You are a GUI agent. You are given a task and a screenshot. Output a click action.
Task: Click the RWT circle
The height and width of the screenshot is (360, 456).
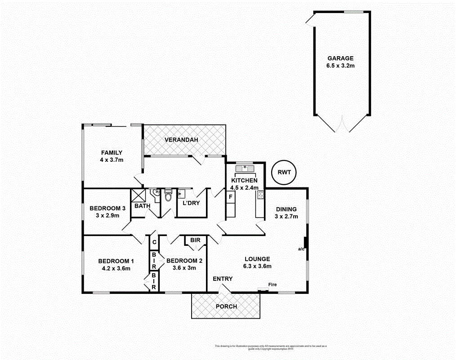coord(284,172)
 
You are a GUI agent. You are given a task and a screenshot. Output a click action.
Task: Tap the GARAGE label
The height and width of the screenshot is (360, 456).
coord(340,58)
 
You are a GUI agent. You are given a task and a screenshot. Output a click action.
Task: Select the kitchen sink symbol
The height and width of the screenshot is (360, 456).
coord(245,169)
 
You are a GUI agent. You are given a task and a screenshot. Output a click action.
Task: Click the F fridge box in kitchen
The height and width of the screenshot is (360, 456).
coord(230,196)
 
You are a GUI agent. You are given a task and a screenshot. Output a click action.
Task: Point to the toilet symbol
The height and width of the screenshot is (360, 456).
coord(168,196)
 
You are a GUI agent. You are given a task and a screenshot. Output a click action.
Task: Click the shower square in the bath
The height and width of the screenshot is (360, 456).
coord(137,196)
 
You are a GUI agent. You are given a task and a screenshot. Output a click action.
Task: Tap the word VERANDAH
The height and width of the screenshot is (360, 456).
coord(181,140)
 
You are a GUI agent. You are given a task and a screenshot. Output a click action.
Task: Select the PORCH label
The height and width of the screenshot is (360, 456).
coord(226,307)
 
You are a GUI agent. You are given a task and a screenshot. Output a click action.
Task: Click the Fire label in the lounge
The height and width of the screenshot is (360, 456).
coord(273,284)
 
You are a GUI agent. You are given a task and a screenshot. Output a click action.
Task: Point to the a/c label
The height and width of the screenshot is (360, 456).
coord(301,248)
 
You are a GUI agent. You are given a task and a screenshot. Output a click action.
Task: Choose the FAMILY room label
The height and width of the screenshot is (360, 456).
coord(112,153)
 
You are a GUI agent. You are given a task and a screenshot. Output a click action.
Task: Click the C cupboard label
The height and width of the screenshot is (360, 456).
coord(153,242)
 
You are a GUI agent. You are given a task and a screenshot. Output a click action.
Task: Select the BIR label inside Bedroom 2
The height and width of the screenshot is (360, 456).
coord(195,240)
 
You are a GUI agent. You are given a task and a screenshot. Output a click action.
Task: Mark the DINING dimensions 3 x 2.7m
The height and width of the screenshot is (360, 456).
coord(286,217)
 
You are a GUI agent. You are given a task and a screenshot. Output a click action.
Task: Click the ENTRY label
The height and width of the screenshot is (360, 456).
coord(223,279)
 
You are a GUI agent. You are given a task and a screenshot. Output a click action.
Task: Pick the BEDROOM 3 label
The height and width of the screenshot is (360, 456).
coord(107,208)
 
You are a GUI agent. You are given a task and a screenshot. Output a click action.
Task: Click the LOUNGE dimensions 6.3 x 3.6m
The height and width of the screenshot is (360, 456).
coord(258,266)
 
